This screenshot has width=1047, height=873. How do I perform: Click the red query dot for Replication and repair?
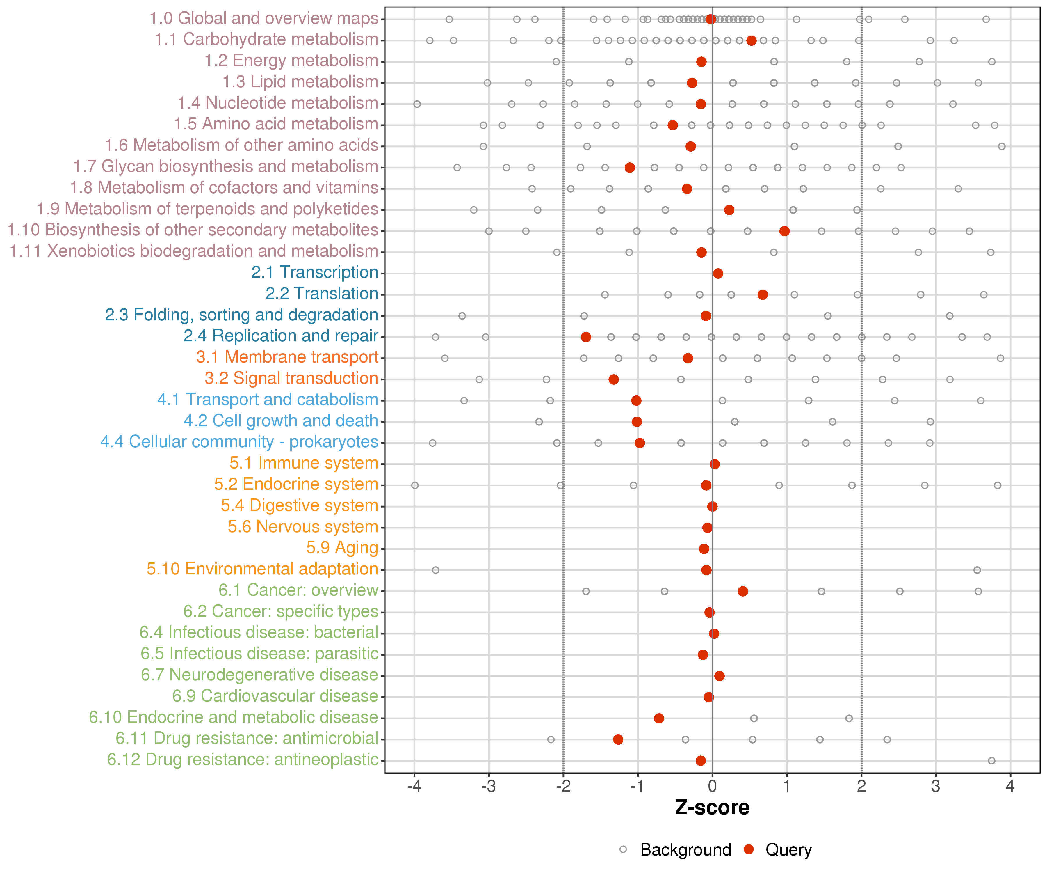click(586, 337)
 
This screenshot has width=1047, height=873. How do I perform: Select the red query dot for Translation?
click(762, 295)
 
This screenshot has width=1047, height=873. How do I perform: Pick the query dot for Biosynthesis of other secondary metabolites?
click(784, 231)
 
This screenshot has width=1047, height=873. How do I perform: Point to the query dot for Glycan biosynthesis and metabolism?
click(630, 168)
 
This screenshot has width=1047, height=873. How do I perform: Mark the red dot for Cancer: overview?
click(743, 591)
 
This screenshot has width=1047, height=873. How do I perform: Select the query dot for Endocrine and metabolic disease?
click(659, 718)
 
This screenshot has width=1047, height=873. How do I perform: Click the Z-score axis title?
click(712, 808)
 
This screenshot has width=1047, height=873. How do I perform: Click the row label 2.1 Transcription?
click(315, 272)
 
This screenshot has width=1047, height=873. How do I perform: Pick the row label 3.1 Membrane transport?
click(287, 357)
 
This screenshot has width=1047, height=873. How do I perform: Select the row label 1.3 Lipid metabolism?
click(300, 82)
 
